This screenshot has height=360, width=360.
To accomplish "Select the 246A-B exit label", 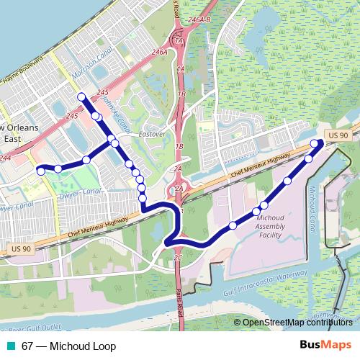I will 197,21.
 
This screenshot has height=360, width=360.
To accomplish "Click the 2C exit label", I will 179,257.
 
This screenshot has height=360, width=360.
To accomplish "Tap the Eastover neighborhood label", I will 152,134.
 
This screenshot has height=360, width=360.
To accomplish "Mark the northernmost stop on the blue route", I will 81,96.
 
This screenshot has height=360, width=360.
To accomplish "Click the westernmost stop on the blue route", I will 40,170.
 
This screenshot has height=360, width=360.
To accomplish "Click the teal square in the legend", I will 9,346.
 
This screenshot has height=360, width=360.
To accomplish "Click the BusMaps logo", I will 325,346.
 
